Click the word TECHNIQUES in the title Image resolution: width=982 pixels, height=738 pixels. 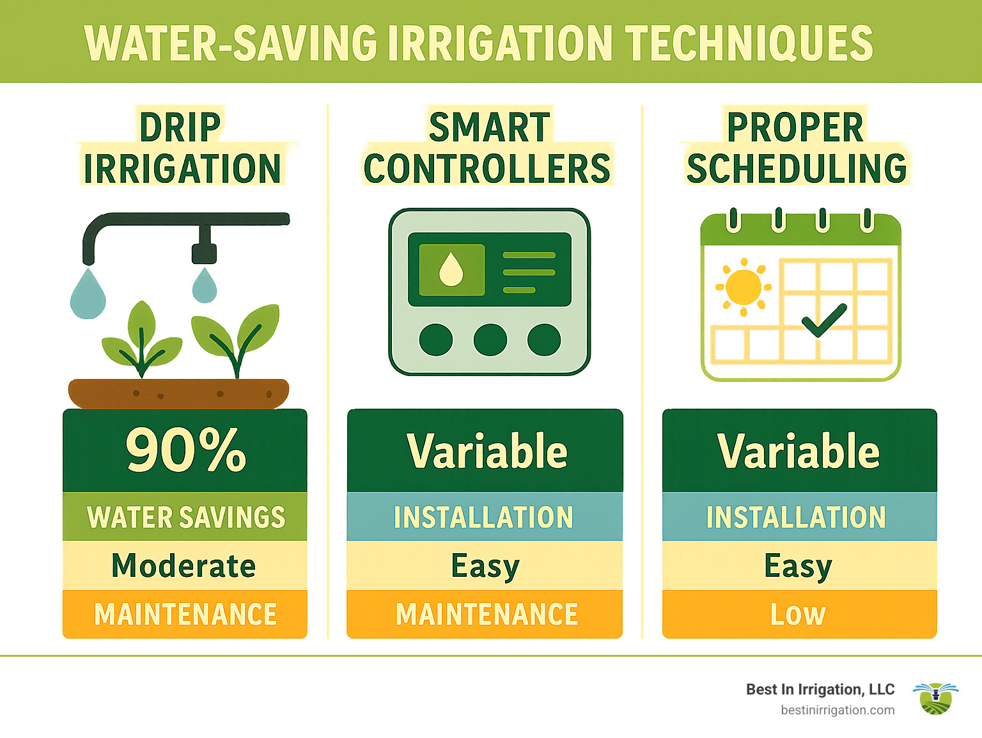pyautogui.click(x=748, y=43)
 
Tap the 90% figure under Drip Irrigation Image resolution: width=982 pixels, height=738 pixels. pyautogui.click(x=185, y=450)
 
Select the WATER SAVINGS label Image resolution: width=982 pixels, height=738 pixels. pyautogui.click(x=185, y=517)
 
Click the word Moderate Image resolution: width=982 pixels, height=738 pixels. pyautogui.click(x=183, y=566)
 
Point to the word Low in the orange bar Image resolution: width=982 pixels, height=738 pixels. pyautogui.click(x=798, y=615)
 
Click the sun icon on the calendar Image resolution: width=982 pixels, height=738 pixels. pyautogui.click(x=744, y=287)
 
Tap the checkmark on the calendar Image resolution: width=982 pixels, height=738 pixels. pyautogui.click(x=824, y=319)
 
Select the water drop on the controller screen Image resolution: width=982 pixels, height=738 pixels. pyautogui.click(x=451, y=269)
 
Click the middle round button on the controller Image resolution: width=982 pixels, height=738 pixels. pyautogui.click(x=490, y=340)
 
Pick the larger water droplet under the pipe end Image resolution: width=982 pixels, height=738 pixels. pyautogui.click(x=88, y=294)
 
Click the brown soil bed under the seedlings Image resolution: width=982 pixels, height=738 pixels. pyautogui.click(x=178, y=393)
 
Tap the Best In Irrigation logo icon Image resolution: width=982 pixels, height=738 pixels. pyautogui.click(x=935, y=698)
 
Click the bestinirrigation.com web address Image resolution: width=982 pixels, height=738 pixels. pyautogui.click(x=838, y=711)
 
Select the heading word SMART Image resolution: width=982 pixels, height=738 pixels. pyautogui.click(x=489, y=127)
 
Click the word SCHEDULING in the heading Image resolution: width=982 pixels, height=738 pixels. pyautogui.click(x=797, y=168)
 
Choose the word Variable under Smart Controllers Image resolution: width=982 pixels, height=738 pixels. pyautogui.click(x=487, y=451)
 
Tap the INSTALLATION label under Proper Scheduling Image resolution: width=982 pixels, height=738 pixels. pyautogui.click(x=796, y=517)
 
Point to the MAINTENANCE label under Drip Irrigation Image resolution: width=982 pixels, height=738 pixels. pyautogui.click(x=185, y=615)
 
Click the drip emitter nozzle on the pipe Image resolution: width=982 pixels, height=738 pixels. pyautogui.click(x=204, y=247)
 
